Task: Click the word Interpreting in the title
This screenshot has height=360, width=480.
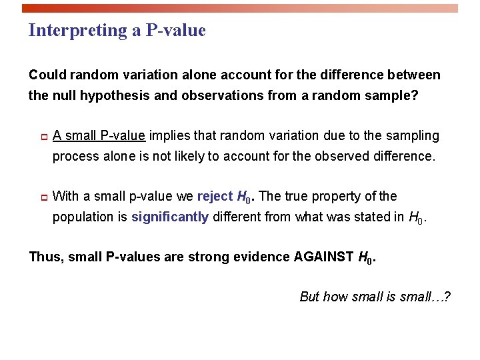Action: tap(69, 31)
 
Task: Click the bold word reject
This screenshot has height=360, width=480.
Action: tap(215, 196)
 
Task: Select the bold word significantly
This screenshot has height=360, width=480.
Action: tap(170, 217)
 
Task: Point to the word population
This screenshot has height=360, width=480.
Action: tap(83, 217)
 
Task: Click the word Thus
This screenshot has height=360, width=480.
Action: tap(43, 257)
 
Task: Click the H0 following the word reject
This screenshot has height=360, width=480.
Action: tap(246, 197)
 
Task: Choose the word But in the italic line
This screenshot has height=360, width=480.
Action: tap(310, 297)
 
